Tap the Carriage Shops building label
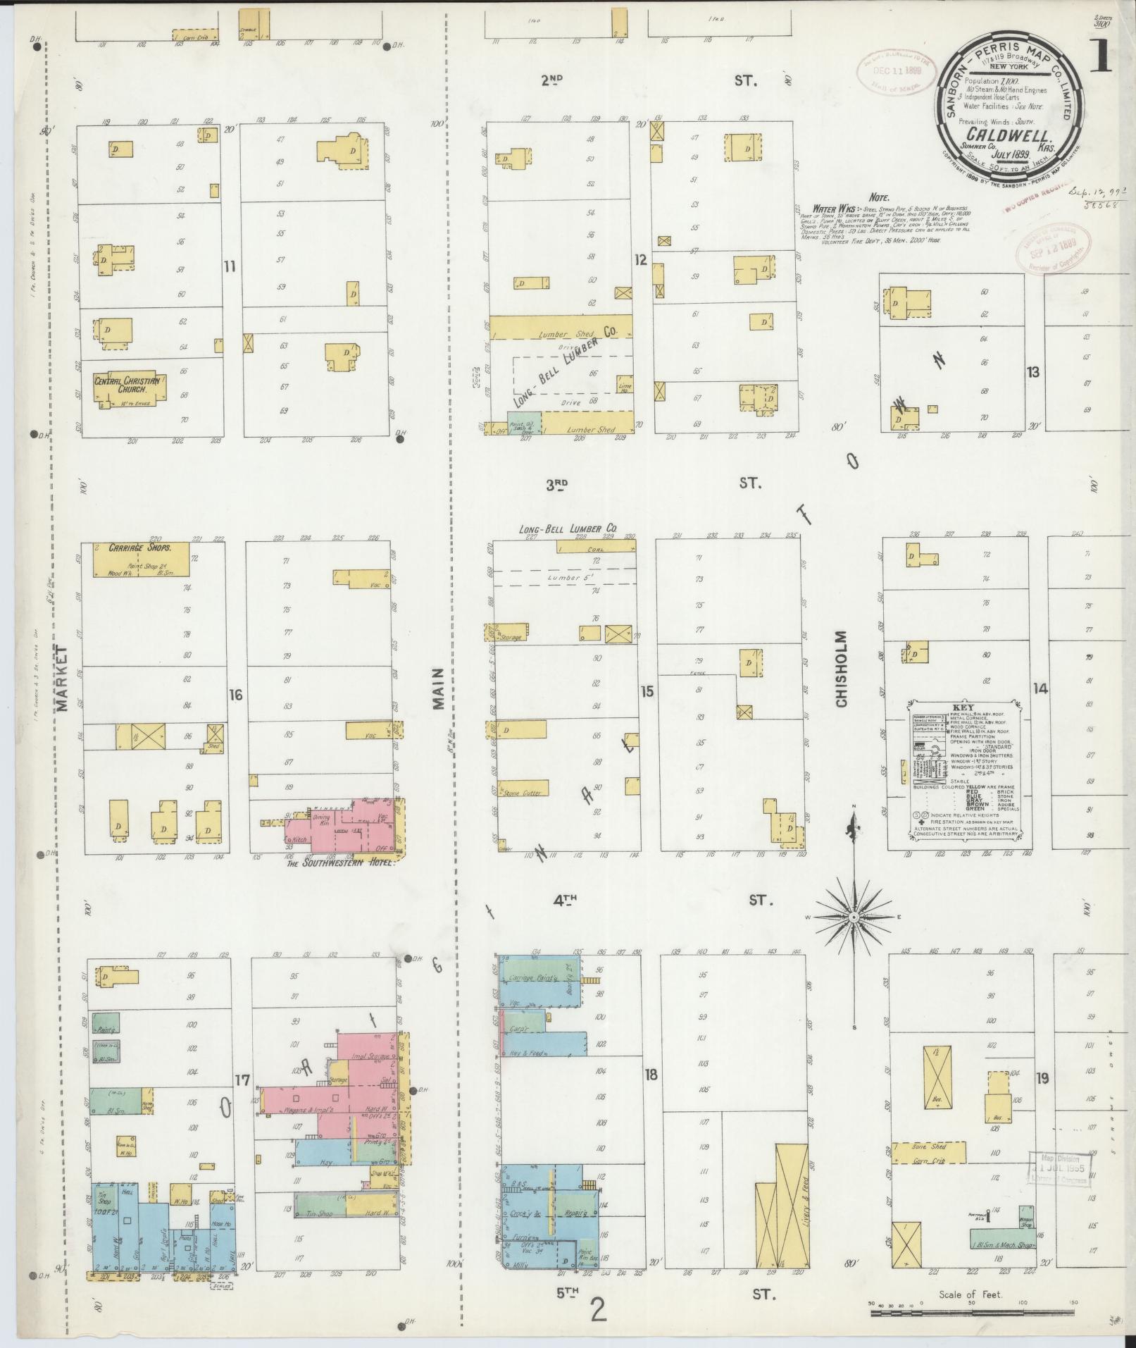[139, 547]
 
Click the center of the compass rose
[854, 917]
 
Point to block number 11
[230, 266]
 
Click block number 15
[647, 692]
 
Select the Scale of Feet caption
[970, 1294]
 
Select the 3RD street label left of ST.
[556, 483]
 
